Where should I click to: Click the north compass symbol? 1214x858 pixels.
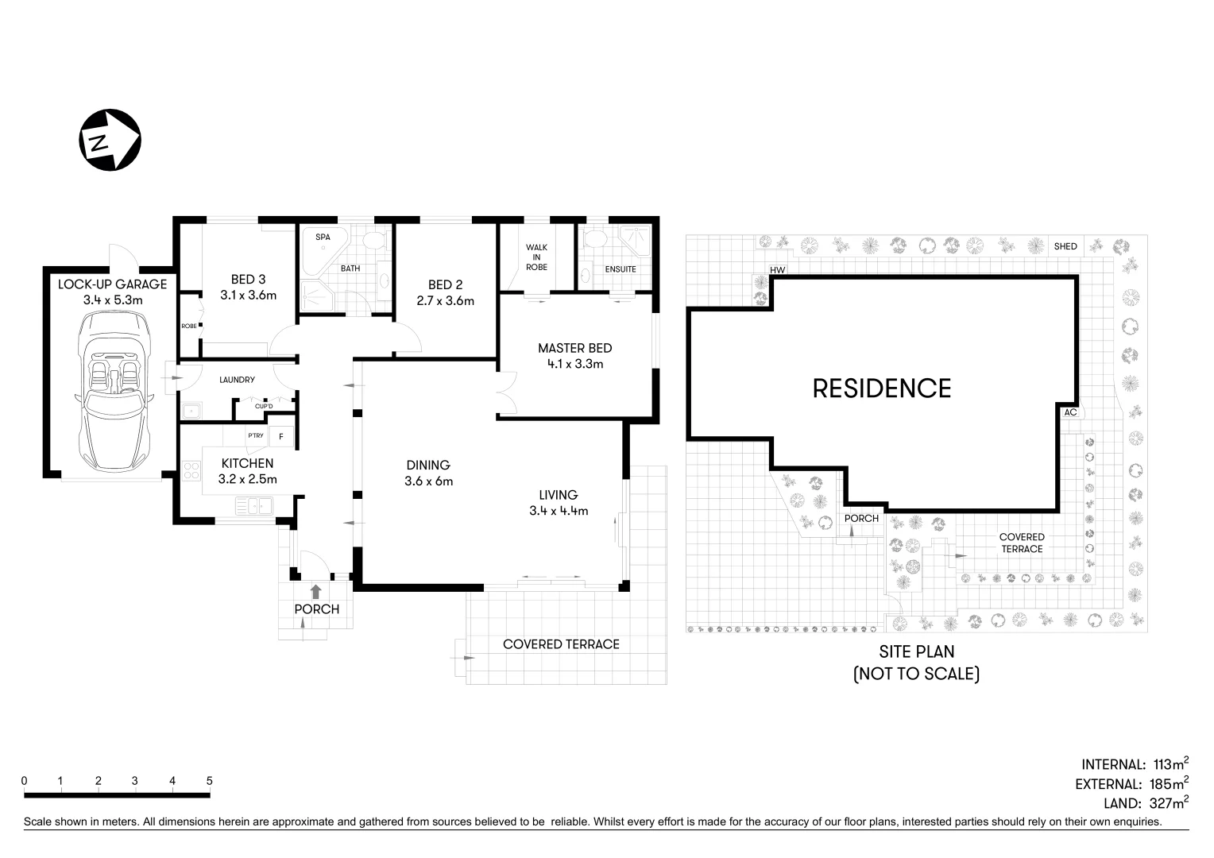coord(110,140)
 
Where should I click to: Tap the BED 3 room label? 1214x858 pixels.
coord(248,280)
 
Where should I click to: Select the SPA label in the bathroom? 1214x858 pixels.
coord(323,238)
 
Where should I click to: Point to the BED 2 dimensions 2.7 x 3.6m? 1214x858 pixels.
coord(445,301)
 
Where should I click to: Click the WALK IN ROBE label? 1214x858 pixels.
coord(536,257)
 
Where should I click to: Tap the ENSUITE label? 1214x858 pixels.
coord(621,269)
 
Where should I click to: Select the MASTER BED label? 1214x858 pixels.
coord(574,348)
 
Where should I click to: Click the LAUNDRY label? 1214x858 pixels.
coord(237,380)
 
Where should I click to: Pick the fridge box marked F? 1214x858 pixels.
coord(280,436)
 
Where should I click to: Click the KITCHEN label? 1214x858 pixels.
coord(247,463)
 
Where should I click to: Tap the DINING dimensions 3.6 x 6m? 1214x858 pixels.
coord(428,481)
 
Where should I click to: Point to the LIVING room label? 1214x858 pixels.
coord(558,495)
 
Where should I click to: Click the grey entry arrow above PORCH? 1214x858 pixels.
coord(315,591)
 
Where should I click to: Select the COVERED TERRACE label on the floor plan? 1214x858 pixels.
coord(561,644)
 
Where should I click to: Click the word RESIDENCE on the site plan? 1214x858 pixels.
coord(881,388)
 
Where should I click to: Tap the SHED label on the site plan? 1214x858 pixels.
coord(1065,246)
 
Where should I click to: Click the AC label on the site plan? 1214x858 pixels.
coord(1070,412)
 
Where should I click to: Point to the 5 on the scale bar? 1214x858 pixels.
coord(210,781)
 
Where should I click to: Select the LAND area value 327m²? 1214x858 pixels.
coord(1169,804)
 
